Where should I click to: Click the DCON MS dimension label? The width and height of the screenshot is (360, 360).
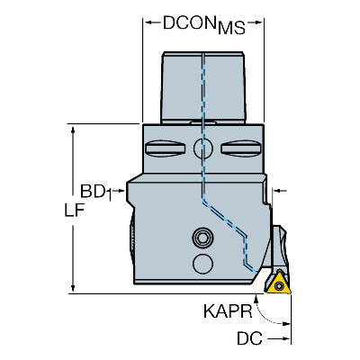204,24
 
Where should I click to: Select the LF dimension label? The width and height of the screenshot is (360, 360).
74,210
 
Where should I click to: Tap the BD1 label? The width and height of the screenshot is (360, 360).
96,192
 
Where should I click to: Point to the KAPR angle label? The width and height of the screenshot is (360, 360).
228,311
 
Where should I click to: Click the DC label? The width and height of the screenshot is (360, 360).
249,338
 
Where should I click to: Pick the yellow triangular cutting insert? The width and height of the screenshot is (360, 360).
278,283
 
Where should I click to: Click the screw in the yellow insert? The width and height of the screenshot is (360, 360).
280,286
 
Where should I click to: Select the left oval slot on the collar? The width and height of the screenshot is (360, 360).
165,148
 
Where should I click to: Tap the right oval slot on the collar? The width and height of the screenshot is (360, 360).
240,148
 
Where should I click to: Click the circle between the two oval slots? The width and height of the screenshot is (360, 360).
203,148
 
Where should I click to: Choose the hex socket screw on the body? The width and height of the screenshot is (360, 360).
203,238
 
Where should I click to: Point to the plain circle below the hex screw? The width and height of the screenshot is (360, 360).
203,264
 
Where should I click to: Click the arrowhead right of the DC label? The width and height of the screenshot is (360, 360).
286,339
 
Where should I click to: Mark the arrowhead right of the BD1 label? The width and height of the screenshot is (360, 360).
121,190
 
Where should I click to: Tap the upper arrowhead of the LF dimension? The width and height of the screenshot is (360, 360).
73,130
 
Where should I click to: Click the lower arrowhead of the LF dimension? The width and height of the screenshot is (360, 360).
73,289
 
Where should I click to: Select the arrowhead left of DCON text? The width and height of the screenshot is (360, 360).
148,22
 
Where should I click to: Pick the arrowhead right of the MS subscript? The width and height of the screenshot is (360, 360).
259,22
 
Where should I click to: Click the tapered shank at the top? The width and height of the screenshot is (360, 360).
203,87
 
